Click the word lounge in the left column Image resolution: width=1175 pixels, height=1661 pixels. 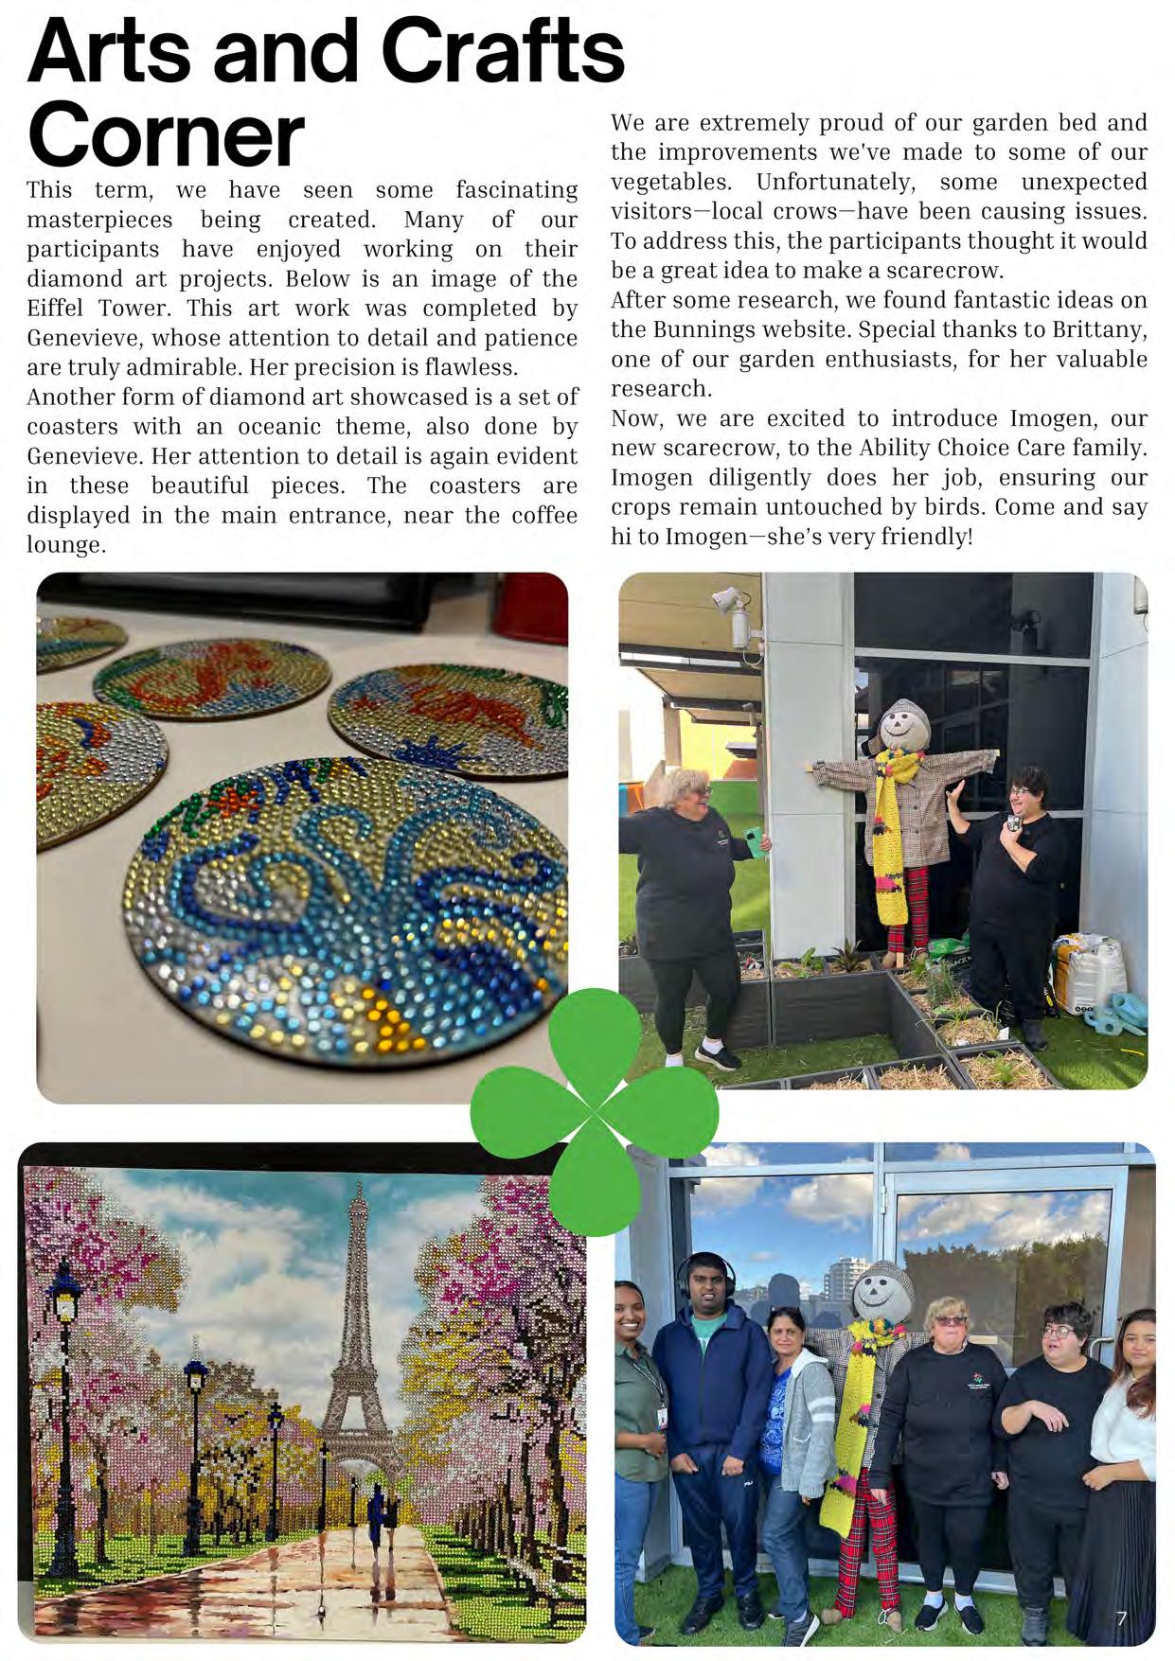64,545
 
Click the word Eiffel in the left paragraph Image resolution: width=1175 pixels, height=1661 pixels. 62,309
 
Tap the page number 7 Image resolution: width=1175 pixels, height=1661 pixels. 1121,1618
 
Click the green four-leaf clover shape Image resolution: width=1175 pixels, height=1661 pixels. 594,1109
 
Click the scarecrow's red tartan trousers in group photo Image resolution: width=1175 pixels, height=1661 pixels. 853,1543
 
